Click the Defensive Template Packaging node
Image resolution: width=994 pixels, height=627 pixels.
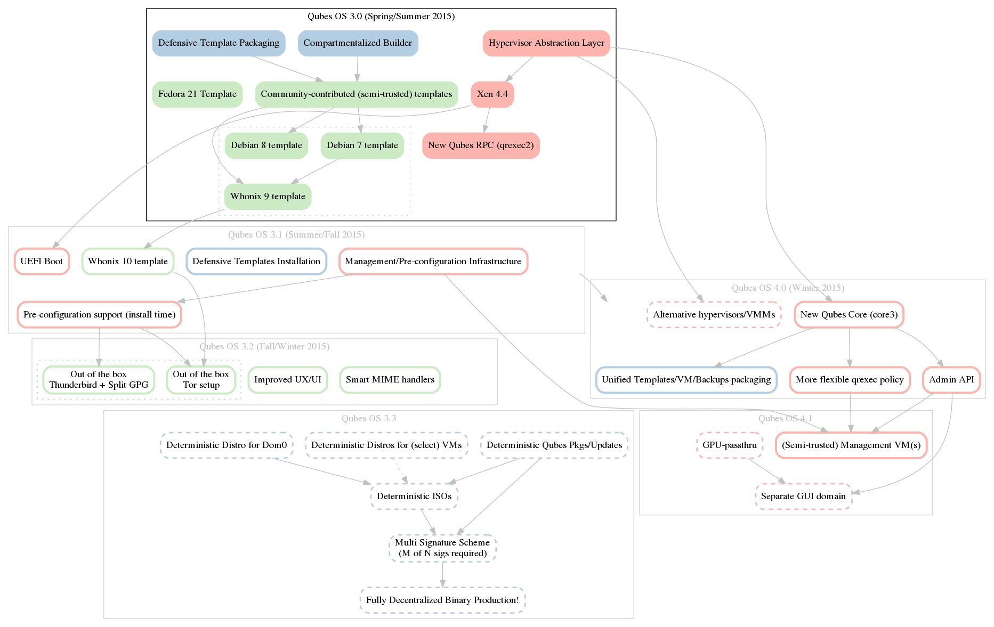pyautogui.click(x=219, y=43)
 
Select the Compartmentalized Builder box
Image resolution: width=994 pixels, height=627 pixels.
pyautogui.click(x=358, y=43)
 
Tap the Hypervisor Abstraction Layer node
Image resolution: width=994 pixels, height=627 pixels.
pyautogui.click(x=546, y=43)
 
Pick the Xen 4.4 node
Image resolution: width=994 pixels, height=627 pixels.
pyautogui.click(x=492, y=94)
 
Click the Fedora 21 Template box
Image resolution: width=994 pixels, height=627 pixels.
pyautogui.click(x=197, y=94)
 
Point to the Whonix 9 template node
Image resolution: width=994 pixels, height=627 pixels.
pyautogui.click(x=268, y=197)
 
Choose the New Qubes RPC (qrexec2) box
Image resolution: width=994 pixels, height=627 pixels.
pyautogui.click(x=481, y=145)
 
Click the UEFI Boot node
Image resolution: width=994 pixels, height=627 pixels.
pyautogui.click(x=42, y=262)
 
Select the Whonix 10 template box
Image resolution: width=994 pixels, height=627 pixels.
pyautogui.click(x=128, y=262)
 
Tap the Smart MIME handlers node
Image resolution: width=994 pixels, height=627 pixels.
pyautogui.click(x=390, y=380)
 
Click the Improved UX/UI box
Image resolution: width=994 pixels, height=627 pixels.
pyautogui.click(x=288, y=380)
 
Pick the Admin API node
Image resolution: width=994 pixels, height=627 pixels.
pyautogui.click(x=951, y=380)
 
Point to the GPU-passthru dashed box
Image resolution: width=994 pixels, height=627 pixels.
pyautogui.click(x=729, y=445)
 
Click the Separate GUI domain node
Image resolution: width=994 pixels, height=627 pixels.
pyautogui.click(x=803, y=496)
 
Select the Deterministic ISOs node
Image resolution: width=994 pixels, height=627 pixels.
pyautogui.click(x=414, y=496)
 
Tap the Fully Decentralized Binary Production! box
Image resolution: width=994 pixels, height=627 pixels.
pyautogui.click(x=442, y=600)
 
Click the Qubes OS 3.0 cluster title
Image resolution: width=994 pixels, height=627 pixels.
pyautogui.click(x=381, y=17)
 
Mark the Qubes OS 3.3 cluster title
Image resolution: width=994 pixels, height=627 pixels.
pyautogui.click(x=369, y=419)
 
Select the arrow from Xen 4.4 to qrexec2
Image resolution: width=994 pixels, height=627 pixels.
pyautogui.click(x=487, y=120)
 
